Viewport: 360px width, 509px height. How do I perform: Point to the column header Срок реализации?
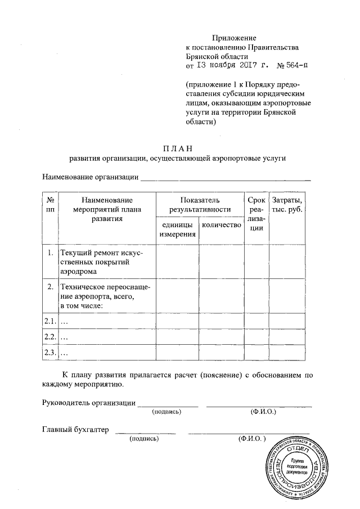coord(256,214)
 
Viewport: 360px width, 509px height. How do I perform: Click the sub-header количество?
coord(221,225)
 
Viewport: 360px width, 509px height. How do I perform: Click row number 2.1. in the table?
coord(50,321)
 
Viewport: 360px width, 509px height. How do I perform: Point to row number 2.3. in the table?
coord(50,353)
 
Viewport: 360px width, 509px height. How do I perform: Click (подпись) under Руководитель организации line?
coord(167,412)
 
